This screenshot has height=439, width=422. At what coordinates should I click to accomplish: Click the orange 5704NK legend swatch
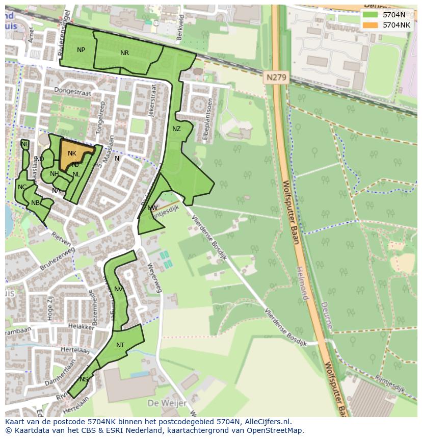(371, 25)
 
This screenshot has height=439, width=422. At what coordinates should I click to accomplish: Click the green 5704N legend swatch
(371, 15)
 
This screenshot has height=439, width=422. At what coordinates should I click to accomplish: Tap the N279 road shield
(277, 78)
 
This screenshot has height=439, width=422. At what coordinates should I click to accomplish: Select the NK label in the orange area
(72, 153)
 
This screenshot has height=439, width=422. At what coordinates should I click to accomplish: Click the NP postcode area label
(81, 50)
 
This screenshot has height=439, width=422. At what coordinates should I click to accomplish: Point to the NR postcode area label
(124, 53)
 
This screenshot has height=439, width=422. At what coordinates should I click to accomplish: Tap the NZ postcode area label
(176, 129)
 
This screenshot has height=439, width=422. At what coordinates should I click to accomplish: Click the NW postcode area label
(152, 208)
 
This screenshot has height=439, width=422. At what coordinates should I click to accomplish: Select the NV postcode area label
(118, 289)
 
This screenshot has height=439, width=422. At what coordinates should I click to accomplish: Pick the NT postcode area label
(120, 345)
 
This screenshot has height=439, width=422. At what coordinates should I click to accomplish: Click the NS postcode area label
(84, 379)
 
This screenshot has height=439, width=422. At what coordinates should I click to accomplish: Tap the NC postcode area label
(22, 187)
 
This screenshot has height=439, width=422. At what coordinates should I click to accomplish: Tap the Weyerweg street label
(154, 277)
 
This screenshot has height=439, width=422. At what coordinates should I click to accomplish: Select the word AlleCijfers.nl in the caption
(268, 422)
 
